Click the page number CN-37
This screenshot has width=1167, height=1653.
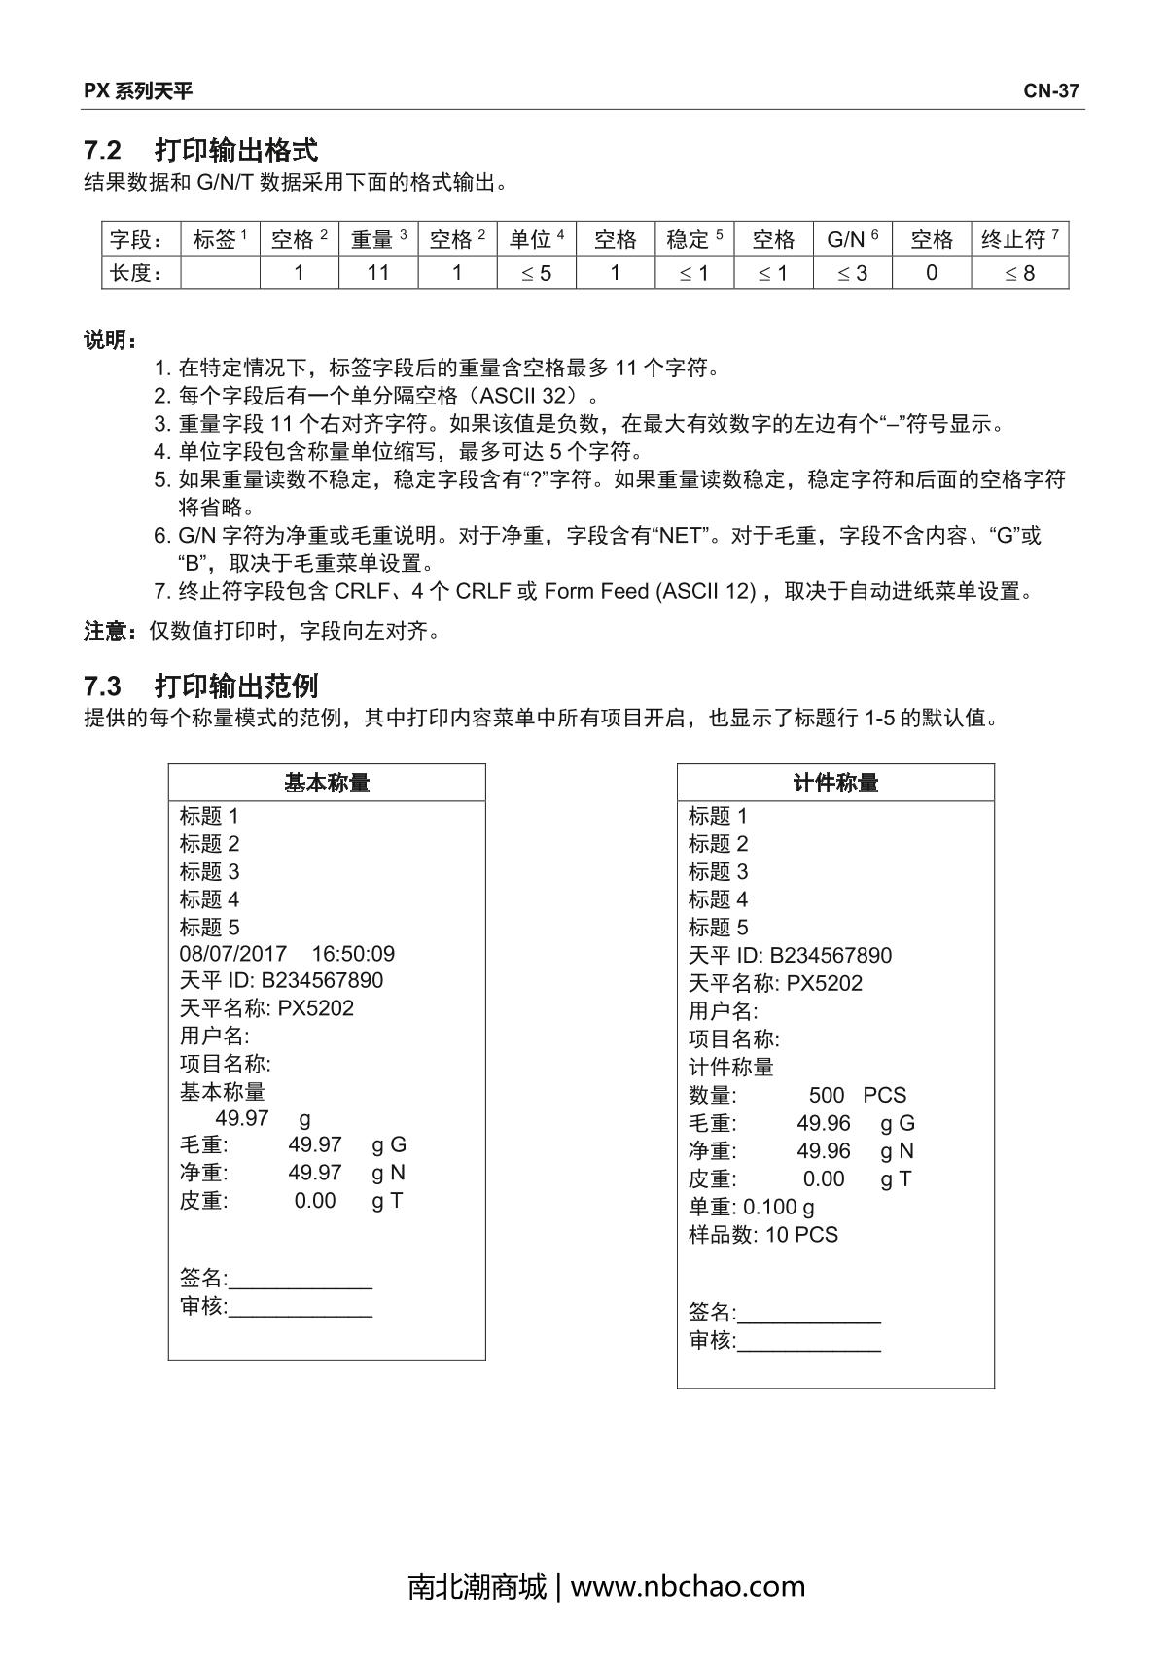click(1050, 91)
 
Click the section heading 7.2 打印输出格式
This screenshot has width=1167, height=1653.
click(201, 151)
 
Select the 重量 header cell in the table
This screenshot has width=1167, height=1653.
click(378, 239)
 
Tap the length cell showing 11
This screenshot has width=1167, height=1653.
click(378, 273)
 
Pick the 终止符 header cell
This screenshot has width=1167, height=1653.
click(1019, 239)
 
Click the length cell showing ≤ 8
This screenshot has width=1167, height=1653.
click(1019, 273)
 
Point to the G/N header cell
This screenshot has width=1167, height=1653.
click(852, 239)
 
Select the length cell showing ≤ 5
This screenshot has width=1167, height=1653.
click(536, 273)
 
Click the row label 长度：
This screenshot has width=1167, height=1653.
click(135, 273)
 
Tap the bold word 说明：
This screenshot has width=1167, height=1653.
click(110, 340)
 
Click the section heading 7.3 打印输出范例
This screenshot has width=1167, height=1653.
click(201, 686)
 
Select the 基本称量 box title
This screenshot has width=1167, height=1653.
click(327, 783)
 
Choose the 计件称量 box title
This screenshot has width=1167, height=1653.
click(835, 783)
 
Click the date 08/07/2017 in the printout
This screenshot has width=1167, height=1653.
click(232, 954)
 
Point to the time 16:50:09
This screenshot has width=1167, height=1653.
click(353, 954)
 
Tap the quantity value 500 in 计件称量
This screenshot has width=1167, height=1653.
click(827, 1095)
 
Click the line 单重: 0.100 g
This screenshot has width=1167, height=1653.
click(752, 1207)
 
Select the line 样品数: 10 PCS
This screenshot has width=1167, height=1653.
click(763, 1235)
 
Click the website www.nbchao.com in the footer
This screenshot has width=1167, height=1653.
click(688, 1586)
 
